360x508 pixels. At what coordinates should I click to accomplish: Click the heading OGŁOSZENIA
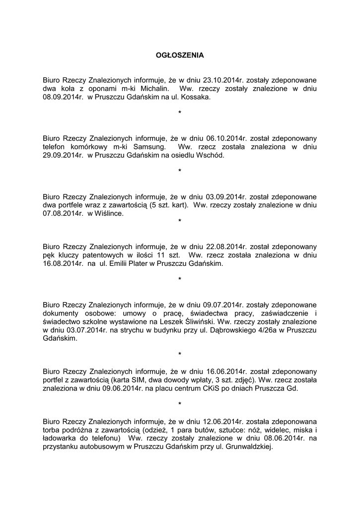pos(180,56)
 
